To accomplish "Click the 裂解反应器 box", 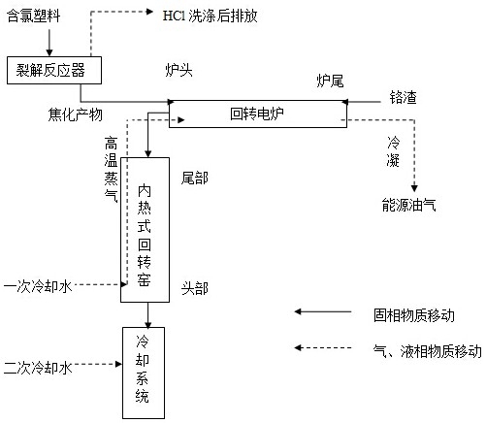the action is point(54,70).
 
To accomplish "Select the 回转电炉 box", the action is point(258,114).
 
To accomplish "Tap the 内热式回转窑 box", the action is point(145,230).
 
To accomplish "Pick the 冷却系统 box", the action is point(144,373).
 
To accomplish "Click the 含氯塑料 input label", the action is point(34,16).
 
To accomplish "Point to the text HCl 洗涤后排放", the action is point(210,16).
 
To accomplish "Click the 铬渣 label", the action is point(403,97).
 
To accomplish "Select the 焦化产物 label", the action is point(76,114).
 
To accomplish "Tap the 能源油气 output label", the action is point(408,205).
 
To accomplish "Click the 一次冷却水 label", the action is point(38,286).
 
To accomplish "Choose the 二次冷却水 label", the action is point(38,368).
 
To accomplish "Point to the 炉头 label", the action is point(178,70).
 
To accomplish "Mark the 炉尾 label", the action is point(330,81).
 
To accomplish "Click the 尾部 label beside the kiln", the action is point(195,178).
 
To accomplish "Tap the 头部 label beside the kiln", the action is point(195,288).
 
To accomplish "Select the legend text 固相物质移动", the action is point(414,315).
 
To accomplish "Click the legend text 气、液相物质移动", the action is point(428,351).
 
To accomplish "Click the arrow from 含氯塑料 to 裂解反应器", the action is point(49,43).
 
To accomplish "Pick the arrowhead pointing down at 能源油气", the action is point(414,188).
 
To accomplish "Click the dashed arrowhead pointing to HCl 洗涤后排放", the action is point(149,12).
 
